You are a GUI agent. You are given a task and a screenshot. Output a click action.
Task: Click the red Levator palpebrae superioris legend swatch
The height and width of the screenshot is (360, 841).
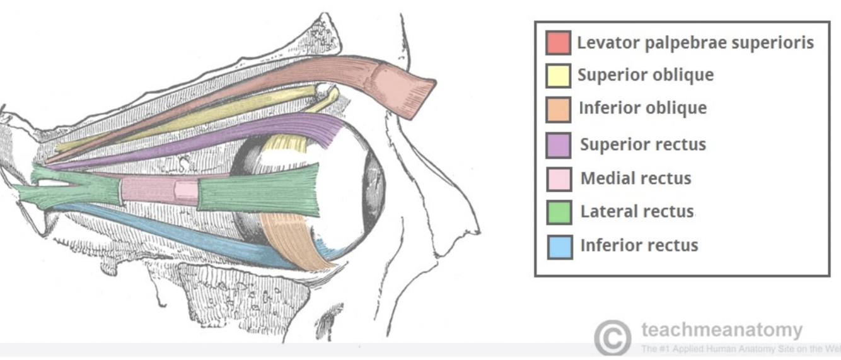559,43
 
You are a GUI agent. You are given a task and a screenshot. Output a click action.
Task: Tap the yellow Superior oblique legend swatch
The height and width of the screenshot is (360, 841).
559,76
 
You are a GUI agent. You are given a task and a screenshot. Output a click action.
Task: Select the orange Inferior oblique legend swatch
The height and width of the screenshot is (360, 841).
559,109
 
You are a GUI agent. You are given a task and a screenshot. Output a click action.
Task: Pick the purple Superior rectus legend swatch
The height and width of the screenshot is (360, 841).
559,145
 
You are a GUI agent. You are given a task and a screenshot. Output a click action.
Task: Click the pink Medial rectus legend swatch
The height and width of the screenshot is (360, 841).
559,179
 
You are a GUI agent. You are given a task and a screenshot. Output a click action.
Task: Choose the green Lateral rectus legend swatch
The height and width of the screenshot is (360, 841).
559,212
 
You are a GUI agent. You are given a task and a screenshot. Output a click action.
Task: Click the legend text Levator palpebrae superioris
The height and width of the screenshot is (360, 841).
695,43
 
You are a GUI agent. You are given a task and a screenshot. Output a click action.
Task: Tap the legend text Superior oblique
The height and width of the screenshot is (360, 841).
646,75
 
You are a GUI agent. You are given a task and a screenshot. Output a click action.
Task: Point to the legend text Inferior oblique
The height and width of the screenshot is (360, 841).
642,108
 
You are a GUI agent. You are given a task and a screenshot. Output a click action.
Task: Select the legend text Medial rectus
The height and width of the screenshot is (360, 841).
635,178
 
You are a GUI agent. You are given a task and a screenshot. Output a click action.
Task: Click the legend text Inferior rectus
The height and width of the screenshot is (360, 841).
639,245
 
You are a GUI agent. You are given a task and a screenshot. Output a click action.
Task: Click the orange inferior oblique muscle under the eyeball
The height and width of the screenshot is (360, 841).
293,243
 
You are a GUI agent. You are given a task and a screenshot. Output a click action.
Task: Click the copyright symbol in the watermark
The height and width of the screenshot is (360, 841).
612,337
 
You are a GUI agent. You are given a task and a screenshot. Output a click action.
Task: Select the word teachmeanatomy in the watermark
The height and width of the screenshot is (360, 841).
722,330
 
